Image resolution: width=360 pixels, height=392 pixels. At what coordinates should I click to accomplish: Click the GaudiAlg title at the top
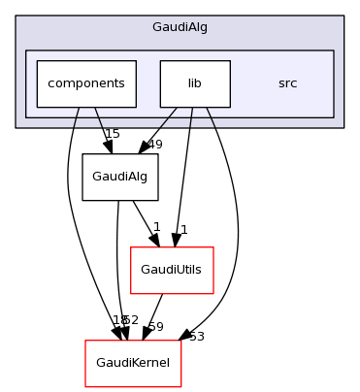click(180, 28)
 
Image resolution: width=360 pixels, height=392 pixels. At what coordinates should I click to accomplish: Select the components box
click(85, 83)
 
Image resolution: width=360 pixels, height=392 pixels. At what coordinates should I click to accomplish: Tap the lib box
click(194, 83)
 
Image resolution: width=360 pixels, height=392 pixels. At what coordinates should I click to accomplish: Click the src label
click(287, 83)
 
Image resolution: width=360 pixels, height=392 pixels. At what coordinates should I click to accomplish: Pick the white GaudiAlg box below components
click(120, 177)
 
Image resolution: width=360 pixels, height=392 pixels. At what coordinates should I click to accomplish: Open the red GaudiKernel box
click(132, 363)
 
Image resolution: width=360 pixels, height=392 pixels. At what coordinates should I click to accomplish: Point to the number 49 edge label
click(154, 145)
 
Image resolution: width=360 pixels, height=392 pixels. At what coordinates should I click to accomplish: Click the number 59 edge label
click(154, 327)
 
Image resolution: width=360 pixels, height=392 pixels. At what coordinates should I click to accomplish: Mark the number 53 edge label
click(196, 337)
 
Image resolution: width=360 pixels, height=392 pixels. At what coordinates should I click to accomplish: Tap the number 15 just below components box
click(112, 133)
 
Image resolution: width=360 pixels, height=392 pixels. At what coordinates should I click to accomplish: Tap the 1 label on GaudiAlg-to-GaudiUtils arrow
click(156, 226)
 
